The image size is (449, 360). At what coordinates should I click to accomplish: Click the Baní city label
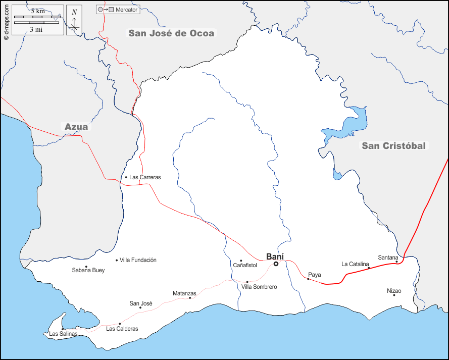pos(275,256)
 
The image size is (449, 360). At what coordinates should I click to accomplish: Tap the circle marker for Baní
pos(276,264)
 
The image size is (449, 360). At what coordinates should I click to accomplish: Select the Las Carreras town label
pos(145,177)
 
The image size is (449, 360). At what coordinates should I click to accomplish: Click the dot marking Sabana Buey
pos(86,267)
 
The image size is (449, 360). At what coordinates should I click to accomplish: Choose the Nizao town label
pos(394,291)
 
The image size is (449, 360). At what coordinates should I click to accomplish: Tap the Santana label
pos(388,258)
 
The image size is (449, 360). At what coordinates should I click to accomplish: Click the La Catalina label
pos(356,264)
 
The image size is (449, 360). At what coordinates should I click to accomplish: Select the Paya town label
pos(314,275)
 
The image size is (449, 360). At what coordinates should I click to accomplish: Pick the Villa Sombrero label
pos(259,287)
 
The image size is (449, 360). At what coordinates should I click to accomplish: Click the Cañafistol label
pos(245,265)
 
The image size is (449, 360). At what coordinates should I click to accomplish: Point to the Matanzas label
pos(184,293)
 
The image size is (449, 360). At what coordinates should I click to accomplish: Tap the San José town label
pos(141,303)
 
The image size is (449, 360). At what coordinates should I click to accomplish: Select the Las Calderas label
pos(122,329)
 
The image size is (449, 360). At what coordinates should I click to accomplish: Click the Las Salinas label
pos(63,334)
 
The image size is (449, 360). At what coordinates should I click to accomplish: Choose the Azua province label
pos(76,127)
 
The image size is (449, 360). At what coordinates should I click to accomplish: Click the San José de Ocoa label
pos(171,33)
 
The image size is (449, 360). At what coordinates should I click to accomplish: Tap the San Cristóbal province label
pos(393,146)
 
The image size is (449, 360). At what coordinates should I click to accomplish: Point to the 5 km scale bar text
pos(37,11)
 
